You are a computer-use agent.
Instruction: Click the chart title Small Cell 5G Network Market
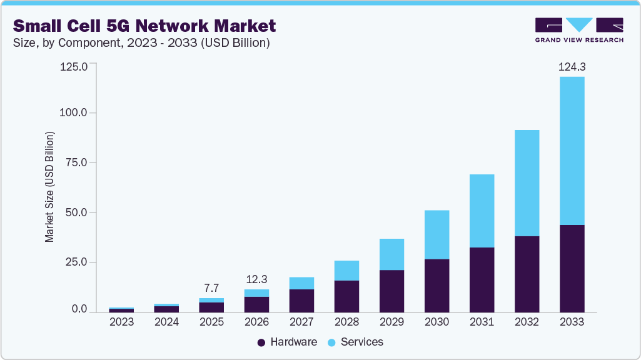144,26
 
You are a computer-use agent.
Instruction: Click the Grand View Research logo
579,30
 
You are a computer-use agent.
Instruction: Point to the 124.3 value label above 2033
572,66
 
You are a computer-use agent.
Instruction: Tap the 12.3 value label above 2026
256,279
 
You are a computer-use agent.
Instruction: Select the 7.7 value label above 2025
211,288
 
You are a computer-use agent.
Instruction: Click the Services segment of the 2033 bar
572,151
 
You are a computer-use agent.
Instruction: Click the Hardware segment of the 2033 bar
572,268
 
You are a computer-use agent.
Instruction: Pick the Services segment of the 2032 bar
527,183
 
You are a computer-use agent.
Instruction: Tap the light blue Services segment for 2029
391,254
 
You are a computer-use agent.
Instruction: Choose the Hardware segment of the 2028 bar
346,296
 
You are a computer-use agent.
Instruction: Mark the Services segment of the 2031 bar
482,211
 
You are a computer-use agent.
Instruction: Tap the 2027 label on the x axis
301,322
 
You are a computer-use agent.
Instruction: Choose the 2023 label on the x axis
121,322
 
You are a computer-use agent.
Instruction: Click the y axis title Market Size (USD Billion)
49,187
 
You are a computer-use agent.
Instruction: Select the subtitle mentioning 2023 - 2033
141,42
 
